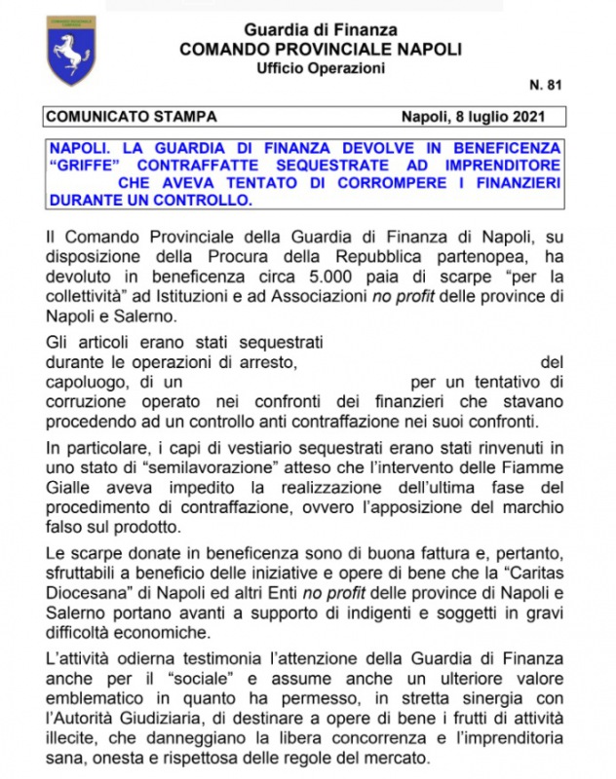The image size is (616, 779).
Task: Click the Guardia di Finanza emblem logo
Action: (71, 50)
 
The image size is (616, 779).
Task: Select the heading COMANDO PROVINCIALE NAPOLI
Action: (321, 49)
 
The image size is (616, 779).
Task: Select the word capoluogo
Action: (85, 383)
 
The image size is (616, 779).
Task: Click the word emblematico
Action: (103, 703)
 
